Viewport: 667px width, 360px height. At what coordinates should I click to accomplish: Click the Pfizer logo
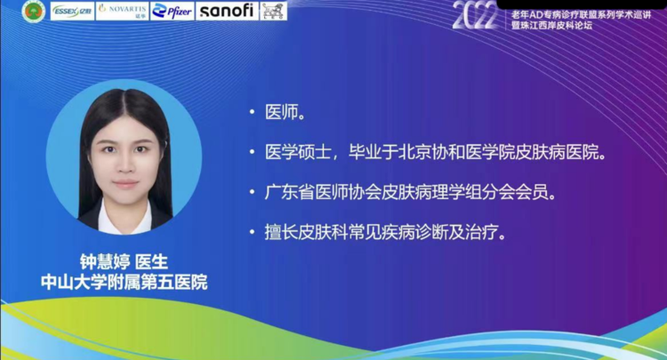click(x=172, y=12)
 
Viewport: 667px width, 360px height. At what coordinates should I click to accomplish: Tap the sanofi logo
click(x=227, y=11)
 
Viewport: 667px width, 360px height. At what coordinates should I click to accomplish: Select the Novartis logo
click(x=122, y=12)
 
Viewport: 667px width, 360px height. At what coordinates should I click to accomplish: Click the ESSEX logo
click(x=72, y=12)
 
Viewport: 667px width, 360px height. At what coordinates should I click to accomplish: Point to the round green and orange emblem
click(x=34, y=12)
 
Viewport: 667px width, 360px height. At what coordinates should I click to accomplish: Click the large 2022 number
click(x=475, y=16)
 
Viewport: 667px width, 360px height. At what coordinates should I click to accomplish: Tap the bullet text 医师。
click(x=285, y=112)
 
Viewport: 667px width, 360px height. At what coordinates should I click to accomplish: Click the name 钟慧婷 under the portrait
click(x=105, y=262)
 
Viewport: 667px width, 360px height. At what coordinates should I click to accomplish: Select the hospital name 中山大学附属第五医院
click(x=124, y=282)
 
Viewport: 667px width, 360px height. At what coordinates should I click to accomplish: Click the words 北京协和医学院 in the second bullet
click(x=431, y=152)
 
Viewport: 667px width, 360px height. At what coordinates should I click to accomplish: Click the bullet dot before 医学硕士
click(x=253, y=152)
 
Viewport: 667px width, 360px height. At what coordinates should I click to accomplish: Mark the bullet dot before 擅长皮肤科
click(x=253, y=233)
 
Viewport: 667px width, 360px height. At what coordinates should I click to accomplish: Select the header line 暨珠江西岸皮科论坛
click(x=551, y=26)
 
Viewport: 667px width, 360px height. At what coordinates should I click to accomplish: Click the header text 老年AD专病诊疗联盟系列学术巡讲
click(x=581, y=15)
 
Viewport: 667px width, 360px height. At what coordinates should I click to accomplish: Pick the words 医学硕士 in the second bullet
click(x=298, y=152)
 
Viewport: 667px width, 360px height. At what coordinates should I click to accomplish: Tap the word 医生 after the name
click(x=151, y=262)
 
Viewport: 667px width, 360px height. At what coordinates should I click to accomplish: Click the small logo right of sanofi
click(x=274, y=12)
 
